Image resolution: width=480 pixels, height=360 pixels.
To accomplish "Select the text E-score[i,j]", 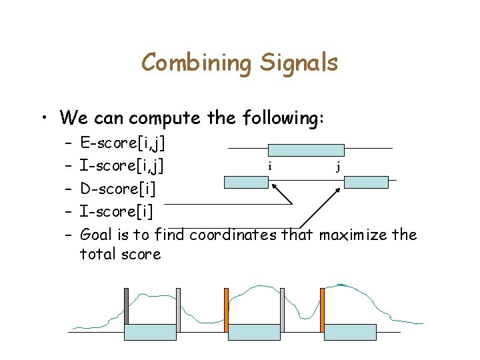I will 123,142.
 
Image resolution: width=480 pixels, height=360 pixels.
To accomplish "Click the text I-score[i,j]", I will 123,165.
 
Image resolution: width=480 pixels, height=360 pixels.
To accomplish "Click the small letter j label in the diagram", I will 338,167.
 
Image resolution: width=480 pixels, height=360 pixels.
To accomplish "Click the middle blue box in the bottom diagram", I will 254,332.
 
